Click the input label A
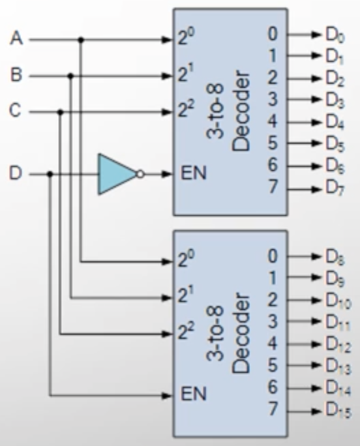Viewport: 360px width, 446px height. [x=16, y=38]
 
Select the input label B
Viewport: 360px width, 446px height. [x=16, y=74]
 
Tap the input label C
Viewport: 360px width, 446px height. [x=15, y=110]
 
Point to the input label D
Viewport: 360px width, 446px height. [x=16, y=173]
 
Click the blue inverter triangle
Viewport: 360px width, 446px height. [x=117, y=174]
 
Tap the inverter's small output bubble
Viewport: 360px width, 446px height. [x=140, y=174]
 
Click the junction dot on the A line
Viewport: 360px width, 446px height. [x=81, y=40]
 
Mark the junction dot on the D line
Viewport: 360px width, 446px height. [x=50, y=174]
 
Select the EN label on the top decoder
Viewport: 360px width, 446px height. [x=194, y=173]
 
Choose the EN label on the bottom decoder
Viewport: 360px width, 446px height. [x=194, y=393]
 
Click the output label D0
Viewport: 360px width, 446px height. [x=335, y=35]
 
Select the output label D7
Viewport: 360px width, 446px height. [x=335, y=188]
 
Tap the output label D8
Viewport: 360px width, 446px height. [x=335, y=257]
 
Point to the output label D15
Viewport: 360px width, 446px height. [x=338, y=411]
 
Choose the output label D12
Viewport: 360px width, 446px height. [x=338, y=345]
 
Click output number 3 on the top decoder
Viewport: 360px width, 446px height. [x=273, y=99]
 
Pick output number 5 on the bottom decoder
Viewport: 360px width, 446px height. [x=273, y=365]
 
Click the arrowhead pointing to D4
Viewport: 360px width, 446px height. [x=316, y=123]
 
